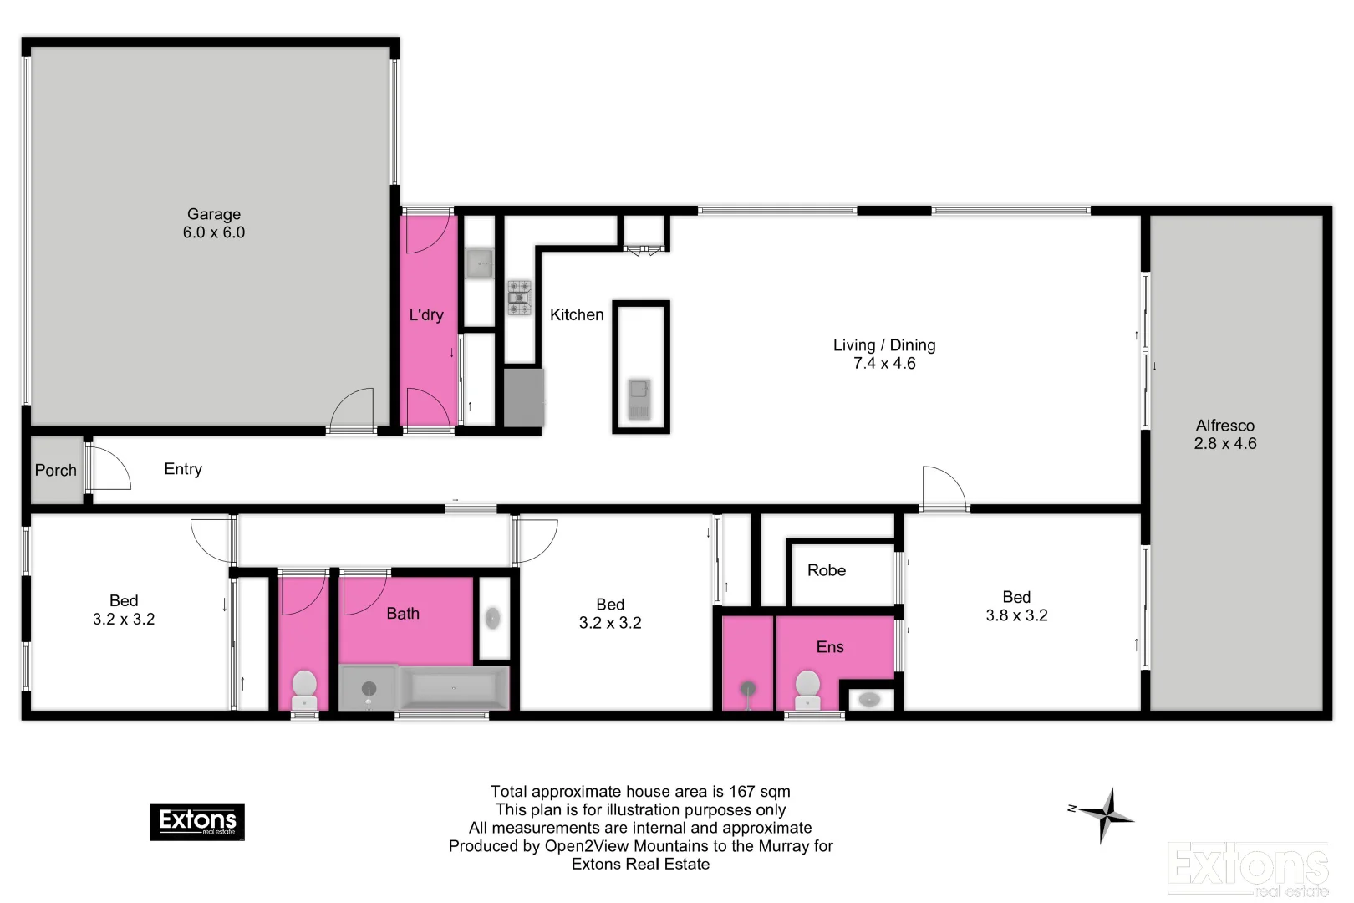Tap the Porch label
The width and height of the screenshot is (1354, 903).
(x=56, y=471)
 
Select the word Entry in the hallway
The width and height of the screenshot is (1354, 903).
(x=183, y=469)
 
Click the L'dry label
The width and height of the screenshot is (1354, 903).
(x=426, y=315)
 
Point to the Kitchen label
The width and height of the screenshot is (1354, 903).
(x=577, y=315)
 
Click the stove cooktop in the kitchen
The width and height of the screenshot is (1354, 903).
(x=519, y=298)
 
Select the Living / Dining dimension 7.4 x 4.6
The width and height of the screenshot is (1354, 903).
(x=884, y=364)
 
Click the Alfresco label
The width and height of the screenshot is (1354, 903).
(x=1224, y=426)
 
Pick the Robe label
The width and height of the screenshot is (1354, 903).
(x=827, y=570)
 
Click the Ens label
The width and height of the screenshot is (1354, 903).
(x=830, y=647)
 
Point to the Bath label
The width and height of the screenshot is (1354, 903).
(x=403, y=614)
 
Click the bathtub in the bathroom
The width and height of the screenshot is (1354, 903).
(x=454, y=688)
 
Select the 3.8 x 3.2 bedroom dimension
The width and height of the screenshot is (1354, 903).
(x=1016, y=615)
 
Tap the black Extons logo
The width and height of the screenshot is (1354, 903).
(x=197, y=822)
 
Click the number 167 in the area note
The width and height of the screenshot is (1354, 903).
(x=741, y=792)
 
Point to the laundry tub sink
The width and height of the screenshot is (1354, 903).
(x=480, y=263)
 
